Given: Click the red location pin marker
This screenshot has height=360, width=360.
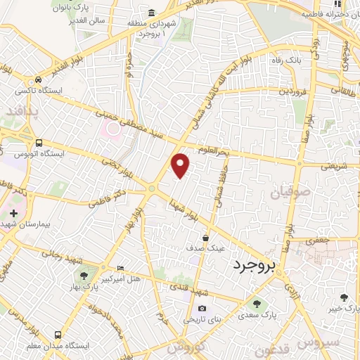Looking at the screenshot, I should point(181,165).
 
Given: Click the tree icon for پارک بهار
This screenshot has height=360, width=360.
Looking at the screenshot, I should point(84,276).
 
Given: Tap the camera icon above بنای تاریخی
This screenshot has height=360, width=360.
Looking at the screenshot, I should point(202,309).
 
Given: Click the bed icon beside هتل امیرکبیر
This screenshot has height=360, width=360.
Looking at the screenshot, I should point(120,268).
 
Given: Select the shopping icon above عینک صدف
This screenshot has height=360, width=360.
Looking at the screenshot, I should point(205,237).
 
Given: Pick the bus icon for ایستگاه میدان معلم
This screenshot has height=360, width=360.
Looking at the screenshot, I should point(58,335).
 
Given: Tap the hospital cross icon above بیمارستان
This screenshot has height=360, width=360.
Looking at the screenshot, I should point(13,212).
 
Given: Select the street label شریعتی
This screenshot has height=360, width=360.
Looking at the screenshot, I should point(334,167).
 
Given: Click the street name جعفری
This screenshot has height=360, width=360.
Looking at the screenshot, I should point(323,240).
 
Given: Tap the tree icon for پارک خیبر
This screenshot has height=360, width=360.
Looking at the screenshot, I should point(343,298).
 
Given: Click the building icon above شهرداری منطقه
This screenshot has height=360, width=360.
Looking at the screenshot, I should point(152,13).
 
